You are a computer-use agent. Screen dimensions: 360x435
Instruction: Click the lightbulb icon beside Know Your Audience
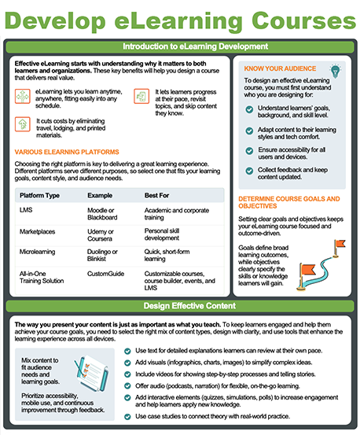pos(336,71)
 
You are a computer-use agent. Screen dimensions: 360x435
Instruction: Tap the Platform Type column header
pos(39,195)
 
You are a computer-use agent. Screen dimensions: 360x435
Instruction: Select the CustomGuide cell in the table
pos(105,274)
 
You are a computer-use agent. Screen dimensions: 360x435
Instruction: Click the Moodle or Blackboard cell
pos(102,214)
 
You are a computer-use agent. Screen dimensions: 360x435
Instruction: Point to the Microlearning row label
pos(37,252)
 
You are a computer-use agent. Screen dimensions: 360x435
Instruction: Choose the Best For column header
pos(156,195)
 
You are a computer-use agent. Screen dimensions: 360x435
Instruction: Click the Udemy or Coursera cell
pos(101,235)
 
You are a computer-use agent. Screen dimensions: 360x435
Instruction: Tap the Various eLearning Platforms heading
pos(67,152)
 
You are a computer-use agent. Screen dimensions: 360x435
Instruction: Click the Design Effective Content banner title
pos(189,306)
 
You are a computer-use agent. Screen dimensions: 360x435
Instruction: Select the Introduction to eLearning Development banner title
pos(196,46)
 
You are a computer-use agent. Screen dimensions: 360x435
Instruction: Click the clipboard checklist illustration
pos(91,373)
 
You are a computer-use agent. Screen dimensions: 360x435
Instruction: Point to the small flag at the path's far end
pos(339,249)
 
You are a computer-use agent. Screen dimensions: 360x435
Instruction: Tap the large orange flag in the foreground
pos(307,277)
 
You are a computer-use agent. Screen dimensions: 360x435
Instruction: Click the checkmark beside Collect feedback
pos(249,171)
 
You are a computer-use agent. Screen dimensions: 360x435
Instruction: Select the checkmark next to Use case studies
pos(127,416)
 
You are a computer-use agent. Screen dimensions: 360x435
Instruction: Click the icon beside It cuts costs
pos(23,124)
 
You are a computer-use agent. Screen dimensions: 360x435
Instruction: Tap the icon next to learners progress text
pos(141,96)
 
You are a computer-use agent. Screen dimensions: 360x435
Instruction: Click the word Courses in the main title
pos(303,20)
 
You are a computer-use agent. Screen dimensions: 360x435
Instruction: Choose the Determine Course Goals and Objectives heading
pos(289,202)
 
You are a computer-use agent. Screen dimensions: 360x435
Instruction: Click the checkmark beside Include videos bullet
pos(127,374)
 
